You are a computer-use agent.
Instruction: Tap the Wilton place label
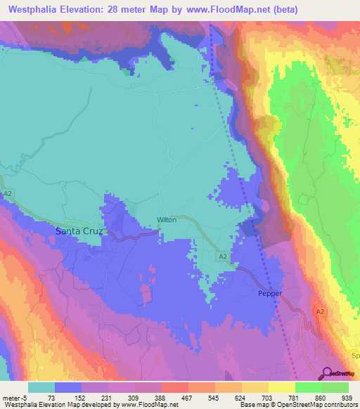coord(167,220)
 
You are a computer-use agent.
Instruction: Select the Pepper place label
coord(269,294)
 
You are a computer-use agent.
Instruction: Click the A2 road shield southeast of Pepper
coord(320,311)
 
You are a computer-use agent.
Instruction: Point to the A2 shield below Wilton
coord(222,257)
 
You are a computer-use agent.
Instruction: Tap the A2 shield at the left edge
coord(8,193)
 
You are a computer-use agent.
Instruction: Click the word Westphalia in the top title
coord(37,10)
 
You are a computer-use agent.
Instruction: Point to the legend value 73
coord(52,397)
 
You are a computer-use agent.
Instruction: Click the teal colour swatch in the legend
coord(41,387)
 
